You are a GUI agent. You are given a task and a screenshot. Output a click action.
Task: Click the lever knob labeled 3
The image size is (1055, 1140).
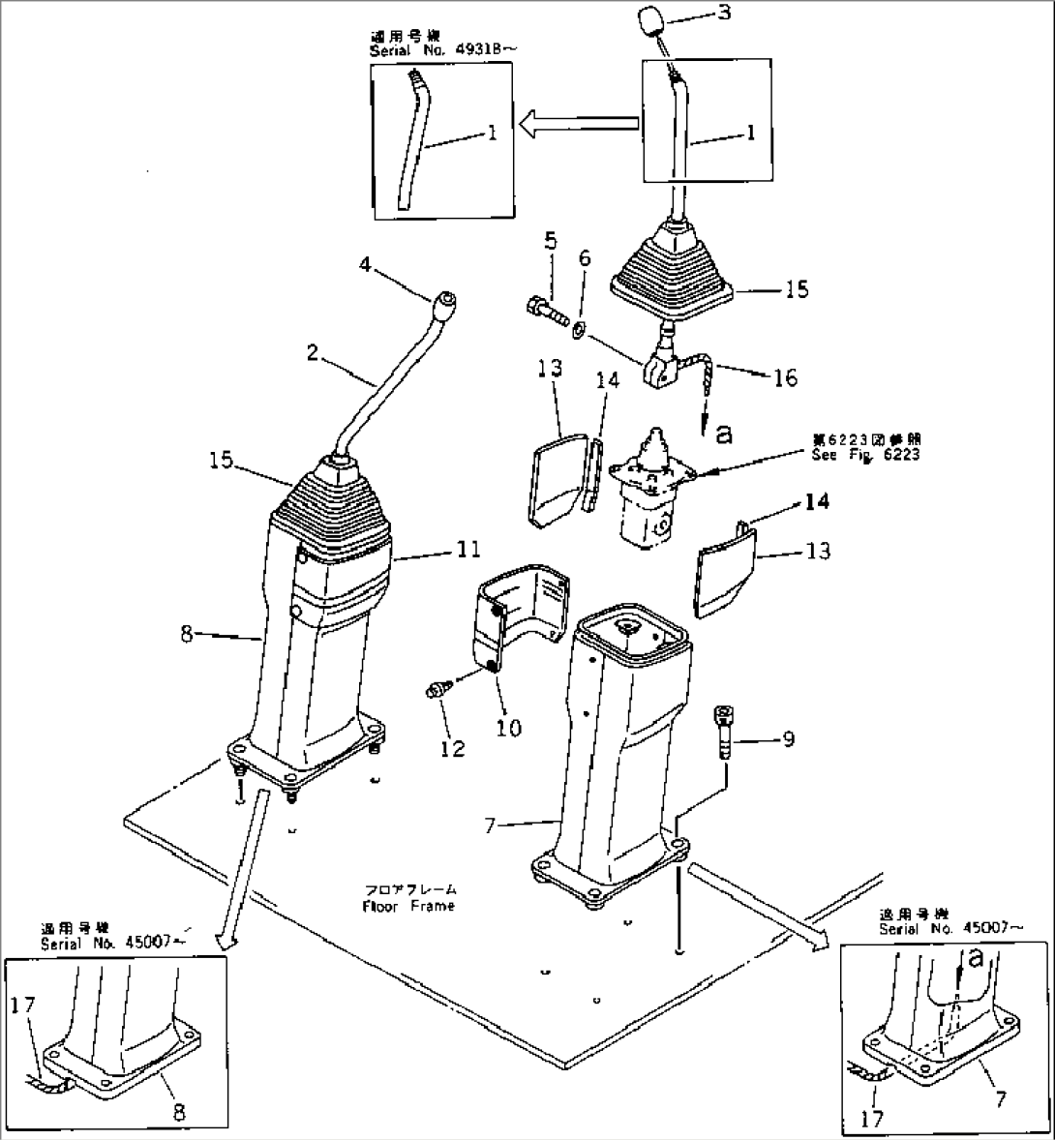(649, 20)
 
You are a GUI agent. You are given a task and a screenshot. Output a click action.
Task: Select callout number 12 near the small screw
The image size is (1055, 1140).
(453, 748)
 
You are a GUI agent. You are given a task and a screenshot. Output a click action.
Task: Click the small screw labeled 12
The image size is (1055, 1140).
(437, 690)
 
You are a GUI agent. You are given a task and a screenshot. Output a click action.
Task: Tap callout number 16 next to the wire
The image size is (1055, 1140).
(784, 377)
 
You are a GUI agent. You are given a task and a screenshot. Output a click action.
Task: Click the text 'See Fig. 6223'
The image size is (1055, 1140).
(866, 455)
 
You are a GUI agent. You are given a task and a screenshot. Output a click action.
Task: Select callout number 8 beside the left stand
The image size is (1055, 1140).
(191, 635)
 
